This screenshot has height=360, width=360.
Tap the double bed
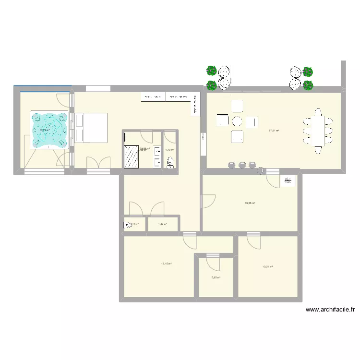pyautogui.click(x=90, y=128)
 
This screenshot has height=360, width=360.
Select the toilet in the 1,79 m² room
pyautogui.click(x=170, y=164)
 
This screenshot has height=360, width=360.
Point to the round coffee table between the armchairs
pyautogui.click(x=236, y=120)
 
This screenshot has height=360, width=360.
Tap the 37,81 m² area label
pyautogui.click(x=274, y=131)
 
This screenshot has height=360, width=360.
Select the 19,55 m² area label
pyautogui.click(x=250, y=203)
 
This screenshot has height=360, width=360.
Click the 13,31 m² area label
pyautogui.click(x=267, y=267)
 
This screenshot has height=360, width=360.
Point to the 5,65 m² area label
pyautogui.click(x=216, y=277)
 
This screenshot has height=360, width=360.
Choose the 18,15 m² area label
pyautogui.click(x=167, y=264)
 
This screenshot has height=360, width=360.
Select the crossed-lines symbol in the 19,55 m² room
pyautogui.click(x=288, y=181)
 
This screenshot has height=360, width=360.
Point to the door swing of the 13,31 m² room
pyautogui.click(x=253, y=240)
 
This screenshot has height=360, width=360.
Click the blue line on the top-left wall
pyautogui.click(x=42, y=86)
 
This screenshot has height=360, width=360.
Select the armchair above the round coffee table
pyautogui.click(x=237, y=105)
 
